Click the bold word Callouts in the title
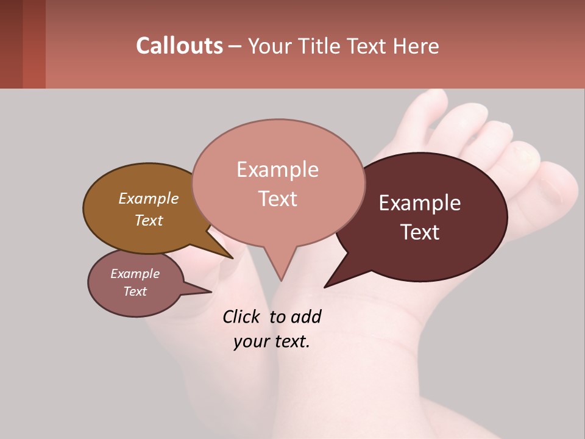coord(179,46)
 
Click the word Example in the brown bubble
coord(149,198)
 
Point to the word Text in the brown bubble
coord(149,220)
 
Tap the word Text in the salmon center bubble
coord(278,198)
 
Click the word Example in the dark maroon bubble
coord(420,203)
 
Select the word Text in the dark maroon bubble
coord(420,232)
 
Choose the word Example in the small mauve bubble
coord(135,274)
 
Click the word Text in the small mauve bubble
coord(135,291)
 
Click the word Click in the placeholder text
coord(243,316)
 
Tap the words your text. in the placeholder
coord(272,341)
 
